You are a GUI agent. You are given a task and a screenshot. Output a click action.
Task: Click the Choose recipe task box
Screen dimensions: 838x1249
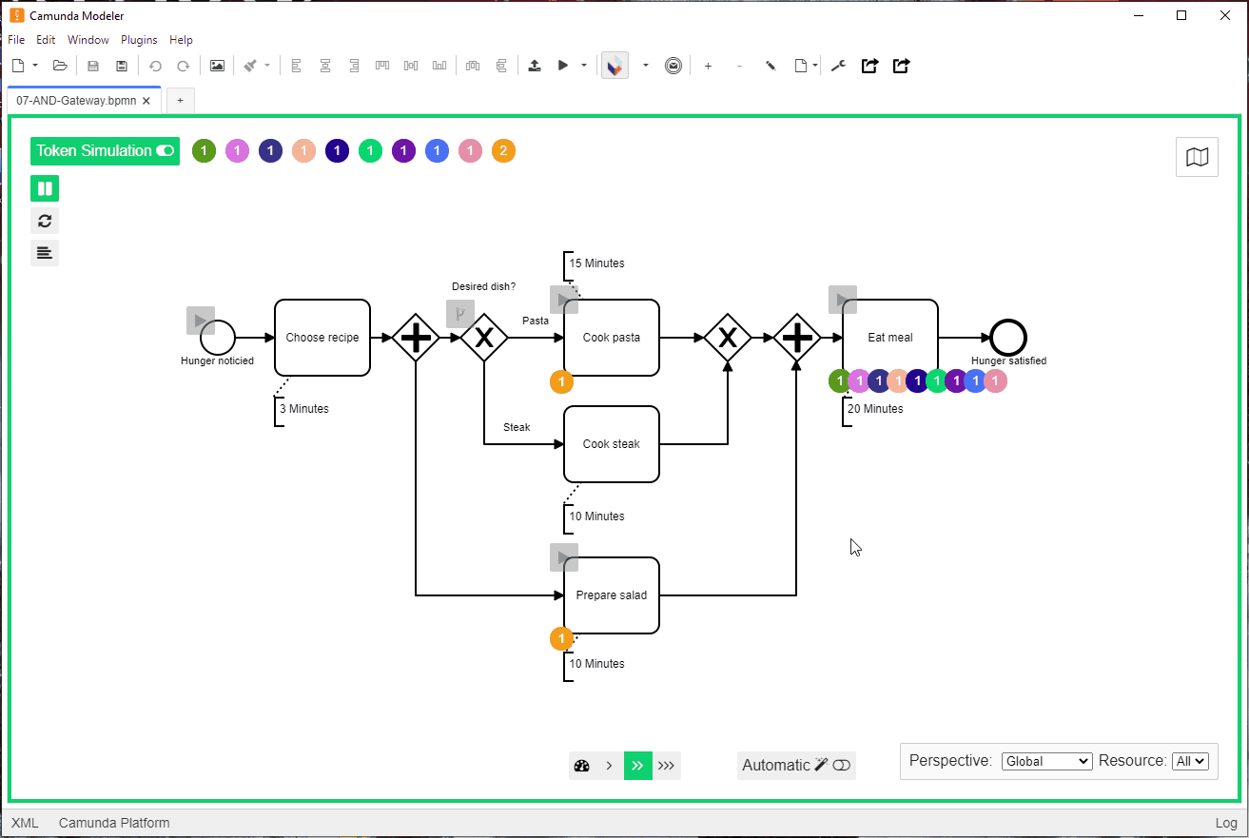[x=322, y=338]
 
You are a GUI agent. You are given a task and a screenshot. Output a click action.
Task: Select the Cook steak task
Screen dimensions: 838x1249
[x=611, y=444]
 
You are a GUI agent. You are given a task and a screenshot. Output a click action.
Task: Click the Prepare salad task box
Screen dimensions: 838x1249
[x=611, y=595]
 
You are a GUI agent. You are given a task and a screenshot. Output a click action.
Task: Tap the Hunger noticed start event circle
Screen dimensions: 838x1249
[x=218, y=338]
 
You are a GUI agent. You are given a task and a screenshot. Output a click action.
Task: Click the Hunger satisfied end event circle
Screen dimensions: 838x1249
[x=1008, y=338]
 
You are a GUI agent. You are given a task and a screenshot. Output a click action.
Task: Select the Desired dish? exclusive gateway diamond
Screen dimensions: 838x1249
[x=484, y=338]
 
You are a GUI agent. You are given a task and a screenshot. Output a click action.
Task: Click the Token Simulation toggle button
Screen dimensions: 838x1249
[x=105, y=151]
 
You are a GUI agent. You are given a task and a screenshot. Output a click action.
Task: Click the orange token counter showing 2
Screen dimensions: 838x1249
[x=503, y=151]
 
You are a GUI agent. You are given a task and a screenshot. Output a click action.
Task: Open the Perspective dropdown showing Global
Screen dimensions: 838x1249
[x=1046, y=761]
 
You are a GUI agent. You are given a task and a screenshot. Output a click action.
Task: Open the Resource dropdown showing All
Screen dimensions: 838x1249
[x=1190, y=761]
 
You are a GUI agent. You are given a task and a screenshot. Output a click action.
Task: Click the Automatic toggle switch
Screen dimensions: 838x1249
[x=841, y=765]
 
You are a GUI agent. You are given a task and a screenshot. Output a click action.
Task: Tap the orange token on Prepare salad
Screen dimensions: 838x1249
[x=561, y=638]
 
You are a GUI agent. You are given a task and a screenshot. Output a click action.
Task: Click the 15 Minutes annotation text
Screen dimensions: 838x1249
[x=596, y=263]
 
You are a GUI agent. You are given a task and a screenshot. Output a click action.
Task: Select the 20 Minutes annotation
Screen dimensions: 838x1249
[x=875, y=409]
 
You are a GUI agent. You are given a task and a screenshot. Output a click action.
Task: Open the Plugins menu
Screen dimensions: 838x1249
[x=138, y=40]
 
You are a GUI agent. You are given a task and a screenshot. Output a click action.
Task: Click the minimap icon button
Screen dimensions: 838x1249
[x=1197, y=157]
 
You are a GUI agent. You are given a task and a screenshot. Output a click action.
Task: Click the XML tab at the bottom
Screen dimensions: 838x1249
[x=25, y=823]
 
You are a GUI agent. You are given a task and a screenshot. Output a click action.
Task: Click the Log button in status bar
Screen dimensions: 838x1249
[x=1226, y=823]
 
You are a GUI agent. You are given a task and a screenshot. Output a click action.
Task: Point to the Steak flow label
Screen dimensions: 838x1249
[x=517, y=427]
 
